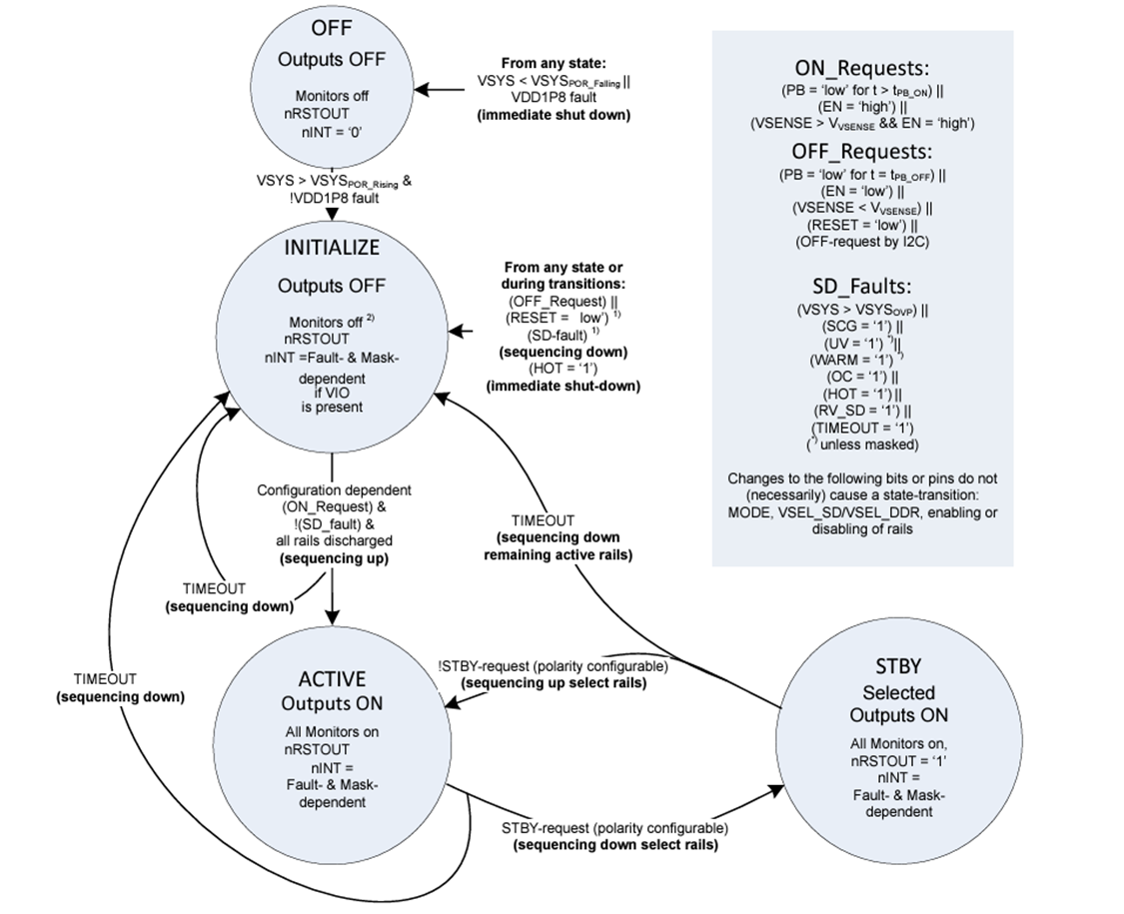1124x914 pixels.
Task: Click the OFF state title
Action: coord(331,27)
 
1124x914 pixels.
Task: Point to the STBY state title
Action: coord(897,666)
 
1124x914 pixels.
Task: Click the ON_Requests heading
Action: coord(861,69)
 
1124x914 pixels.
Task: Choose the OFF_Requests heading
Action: coord(861,152)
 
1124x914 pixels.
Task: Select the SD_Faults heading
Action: coord(861,285)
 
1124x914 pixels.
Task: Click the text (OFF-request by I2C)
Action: coord(861,241)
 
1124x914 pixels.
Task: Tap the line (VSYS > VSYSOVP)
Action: coord(861,310)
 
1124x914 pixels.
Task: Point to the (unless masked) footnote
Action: coord(861,444)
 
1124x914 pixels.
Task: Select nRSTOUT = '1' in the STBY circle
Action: coord(899,759)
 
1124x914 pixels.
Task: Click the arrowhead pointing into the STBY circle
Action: coord(778,789)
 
